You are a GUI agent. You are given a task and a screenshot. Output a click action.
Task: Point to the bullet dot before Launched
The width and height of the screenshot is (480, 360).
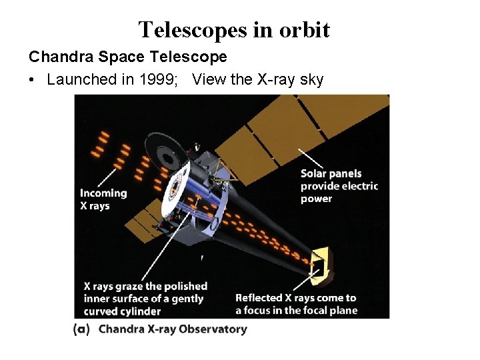coord(32,80)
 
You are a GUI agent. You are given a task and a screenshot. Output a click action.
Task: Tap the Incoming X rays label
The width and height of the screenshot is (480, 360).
coord(103,199)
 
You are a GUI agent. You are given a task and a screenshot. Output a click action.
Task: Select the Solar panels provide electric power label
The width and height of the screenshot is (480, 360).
coord(339,185)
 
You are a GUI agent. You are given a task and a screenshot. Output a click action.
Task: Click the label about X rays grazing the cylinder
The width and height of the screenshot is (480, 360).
coord(145,298)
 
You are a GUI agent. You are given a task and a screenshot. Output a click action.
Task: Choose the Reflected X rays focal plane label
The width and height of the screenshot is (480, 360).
coord(296,304)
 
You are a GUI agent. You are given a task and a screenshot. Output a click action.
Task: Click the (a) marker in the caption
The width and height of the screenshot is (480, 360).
coord(81,329)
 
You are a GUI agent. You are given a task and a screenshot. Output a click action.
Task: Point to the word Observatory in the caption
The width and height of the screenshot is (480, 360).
coord(213,329)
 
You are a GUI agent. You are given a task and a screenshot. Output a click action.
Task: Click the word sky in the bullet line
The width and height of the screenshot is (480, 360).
coord(311,80)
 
